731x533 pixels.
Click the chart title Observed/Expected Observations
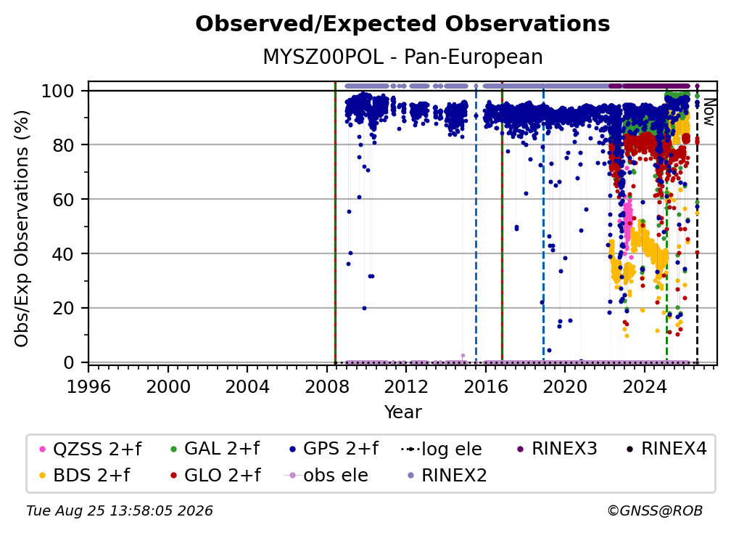point(402,24)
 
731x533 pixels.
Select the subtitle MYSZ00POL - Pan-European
point(402,57)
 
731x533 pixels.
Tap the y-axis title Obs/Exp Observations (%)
point(22,229)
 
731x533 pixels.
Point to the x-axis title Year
point(402,412)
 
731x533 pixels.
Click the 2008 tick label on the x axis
point(327,387)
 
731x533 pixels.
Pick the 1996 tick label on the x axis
point(88,387)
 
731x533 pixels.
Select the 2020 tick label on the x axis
point(564,387)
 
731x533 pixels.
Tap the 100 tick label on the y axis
point(58,91)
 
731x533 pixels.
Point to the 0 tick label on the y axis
point(69,362)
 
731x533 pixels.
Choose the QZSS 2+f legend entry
point(91,449)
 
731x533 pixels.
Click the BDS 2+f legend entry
point(86,476)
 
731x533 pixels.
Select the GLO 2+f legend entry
point(216,476)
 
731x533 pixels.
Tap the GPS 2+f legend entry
point(334,449)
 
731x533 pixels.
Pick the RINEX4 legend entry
point(666,449)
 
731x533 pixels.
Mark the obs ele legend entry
point(326,476)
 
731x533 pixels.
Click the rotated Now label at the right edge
point(709,112)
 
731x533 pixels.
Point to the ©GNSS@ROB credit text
point(655,510)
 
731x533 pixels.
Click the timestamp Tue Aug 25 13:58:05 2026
point(120,511)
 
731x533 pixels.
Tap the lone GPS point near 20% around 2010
point(365,308)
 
